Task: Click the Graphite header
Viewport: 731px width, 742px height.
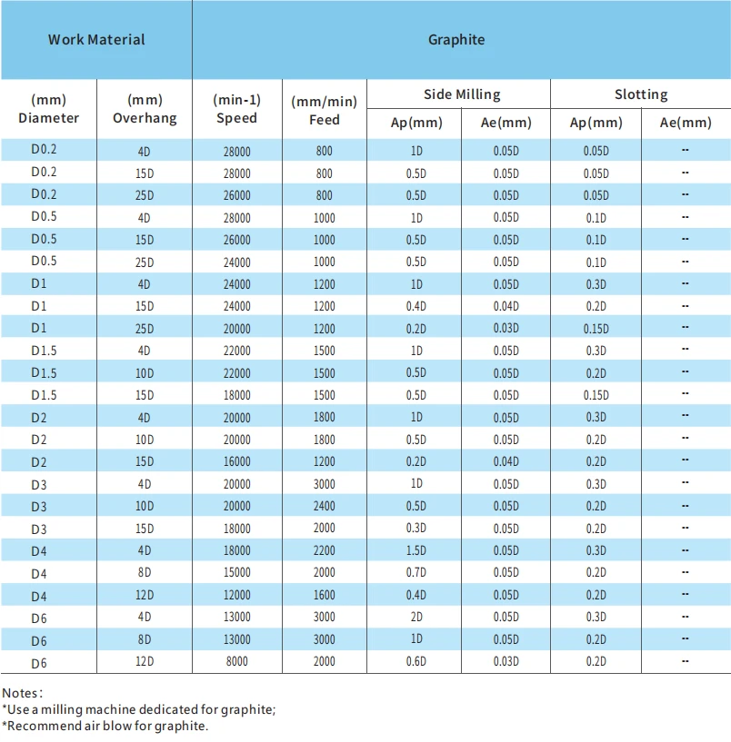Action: (x=456, y=40)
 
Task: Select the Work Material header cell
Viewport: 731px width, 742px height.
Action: (x=96, y=40)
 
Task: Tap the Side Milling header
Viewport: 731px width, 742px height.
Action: (x=462, y=94)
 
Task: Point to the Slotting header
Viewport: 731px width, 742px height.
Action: (x=641, y=94)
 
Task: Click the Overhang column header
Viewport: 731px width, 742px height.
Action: (x=145, y=109)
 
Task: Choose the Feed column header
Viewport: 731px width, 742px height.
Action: (x=324, y=110)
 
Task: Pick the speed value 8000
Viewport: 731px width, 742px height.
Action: (x=237, y=661)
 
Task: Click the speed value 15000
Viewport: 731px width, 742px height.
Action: (x=237, y=572)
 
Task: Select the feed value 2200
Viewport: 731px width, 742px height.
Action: (x=324, y=550)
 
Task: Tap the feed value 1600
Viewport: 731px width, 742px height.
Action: (x=324, y=595)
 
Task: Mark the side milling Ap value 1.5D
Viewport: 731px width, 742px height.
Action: (x=416, y=550)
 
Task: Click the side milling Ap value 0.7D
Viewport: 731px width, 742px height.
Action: (x=416, y=572)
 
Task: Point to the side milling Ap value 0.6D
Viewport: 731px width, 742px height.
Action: (x=416, y=661)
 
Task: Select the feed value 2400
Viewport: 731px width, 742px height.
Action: (x=324, y=506)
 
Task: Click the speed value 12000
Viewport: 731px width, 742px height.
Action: (x=237, y=595)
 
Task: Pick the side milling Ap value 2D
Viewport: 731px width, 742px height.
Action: (x=416, y=617)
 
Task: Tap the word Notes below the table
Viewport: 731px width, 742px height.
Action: (x=22, y=693)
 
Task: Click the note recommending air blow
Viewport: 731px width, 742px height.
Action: (x=105, y=726)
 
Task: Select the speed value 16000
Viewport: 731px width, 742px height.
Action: (x=237, y=461)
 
